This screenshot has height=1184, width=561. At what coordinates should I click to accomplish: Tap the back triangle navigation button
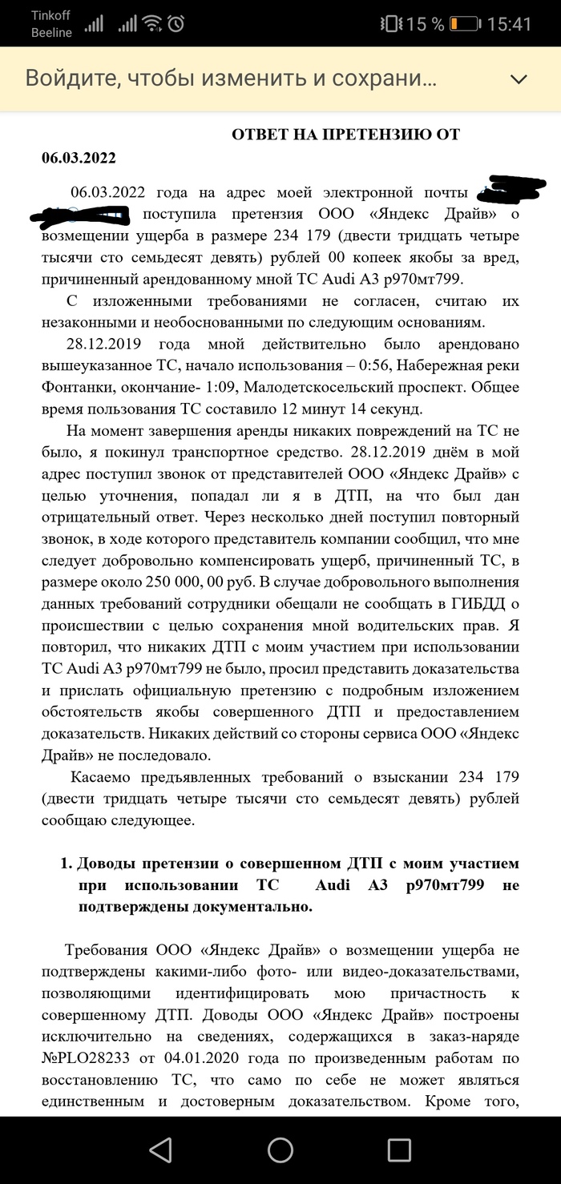(161, 1150)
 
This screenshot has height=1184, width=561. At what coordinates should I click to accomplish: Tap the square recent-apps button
(399, 1150)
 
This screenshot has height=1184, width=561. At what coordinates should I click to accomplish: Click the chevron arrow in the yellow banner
(519, 79)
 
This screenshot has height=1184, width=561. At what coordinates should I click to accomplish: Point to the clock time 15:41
(509, 24)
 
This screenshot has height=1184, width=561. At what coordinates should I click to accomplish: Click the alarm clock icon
(176, 24)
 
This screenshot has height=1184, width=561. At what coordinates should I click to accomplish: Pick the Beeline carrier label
(51, 33)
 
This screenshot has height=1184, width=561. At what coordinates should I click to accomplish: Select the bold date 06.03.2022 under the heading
(79, 157)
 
